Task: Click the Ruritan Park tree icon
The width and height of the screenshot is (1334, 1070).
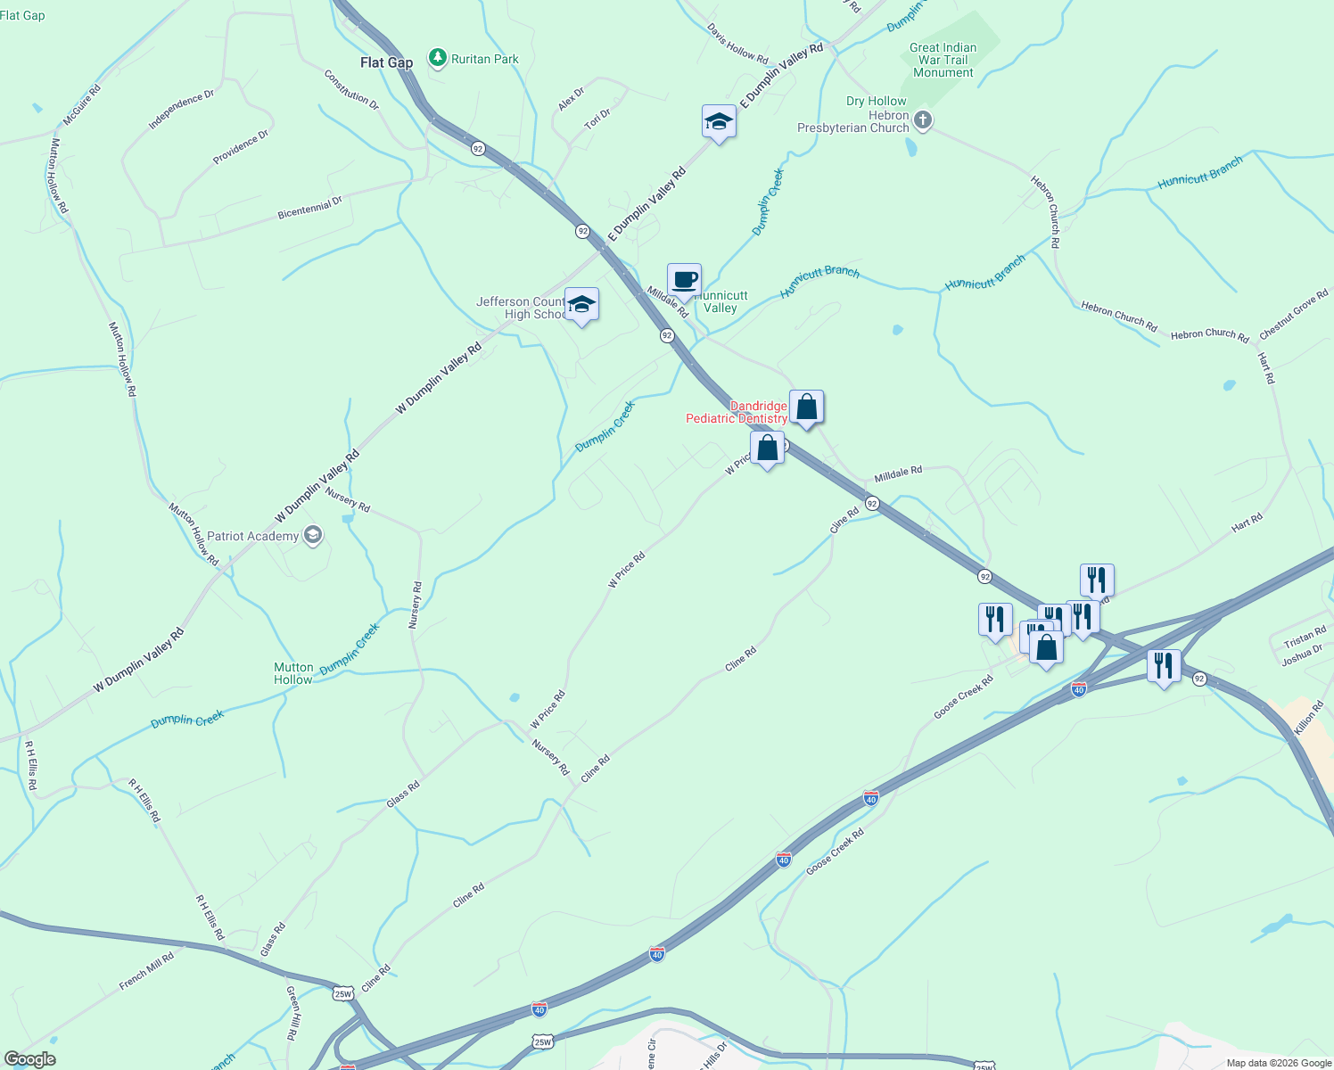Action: pos(437,59)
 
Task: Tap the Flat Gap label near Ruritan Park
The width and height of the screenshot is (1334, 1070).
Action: pos(386,62)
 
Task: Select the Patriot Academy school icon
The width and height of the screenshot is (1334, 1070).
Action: pos(313,535)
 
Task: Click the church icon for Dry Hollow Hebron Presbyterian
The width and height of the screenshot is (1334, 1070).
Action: pos(923,120)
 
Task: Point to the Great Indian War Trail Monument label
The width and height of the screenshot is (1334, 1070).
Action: pos(943,60)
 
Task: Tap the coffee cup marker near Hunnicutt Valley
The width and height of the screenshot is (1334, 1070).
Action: pos(684,280)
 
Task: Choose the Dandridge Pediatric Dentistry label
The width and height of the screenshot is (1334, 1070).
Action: pos(737,412)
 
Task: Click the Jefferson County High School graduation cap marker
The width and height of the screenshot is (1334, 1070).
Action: pos(581,305)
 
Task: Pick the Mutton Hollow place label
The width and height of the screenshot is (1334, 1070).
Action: pos(293,673)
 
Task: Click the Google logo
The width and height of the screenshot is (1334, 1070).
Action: pos(29,1058)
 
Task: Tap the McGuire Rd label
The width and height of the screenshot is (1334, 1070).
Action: pos(82,105)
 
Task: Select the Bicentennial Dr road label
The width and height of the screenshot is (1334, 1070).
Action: pos(309,208)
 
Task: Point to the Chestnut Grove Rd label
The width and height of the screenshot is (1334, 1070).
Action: pos(1293,314)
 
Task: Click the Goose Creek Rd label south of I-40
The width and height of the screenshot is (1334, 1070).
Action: pos(835,852)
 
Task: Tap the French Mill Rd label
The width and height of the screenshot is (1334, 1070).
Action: pos(146,971)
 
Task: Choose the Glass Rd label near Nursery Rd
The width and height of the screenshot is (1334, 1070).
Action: pos(403,795)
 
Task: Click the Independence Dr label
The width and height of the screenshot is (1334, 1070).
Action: pos(181,110)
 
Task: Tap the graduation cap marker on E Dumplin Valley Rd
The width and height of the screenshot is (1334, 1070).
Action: pos(718,122)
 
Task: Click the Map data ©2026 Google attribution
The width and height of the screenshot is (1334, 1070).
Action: pos(1278,1063)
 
